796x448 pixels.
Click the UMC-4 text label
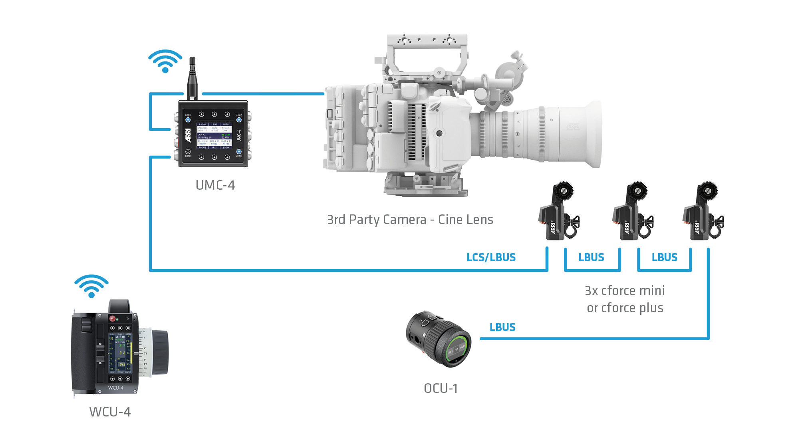tap(215, 185)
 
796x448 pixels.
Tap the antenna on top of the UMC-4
tap(193, 78)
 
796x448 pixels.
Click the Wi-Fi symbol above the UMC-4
tap(165, 61)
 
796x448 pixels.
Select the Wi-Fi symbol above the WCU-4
tap(91, 286)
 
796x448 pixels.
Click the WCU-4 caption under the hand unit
tap(110, 412)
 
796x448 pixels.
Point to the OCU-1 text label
tap(441, 388)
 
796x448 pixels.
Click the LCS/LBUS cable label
tap(491, 257)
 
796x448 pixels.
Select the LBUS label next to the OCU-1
tap(502, 327)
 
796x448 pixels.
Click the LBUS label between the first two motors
tap(591, 257)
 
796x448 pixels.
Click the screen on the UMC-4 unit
tap(214, 136)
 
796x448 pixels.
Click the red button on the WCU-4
tap(113, 318)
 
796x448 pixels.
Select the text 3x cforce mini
tap(625, 290)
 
